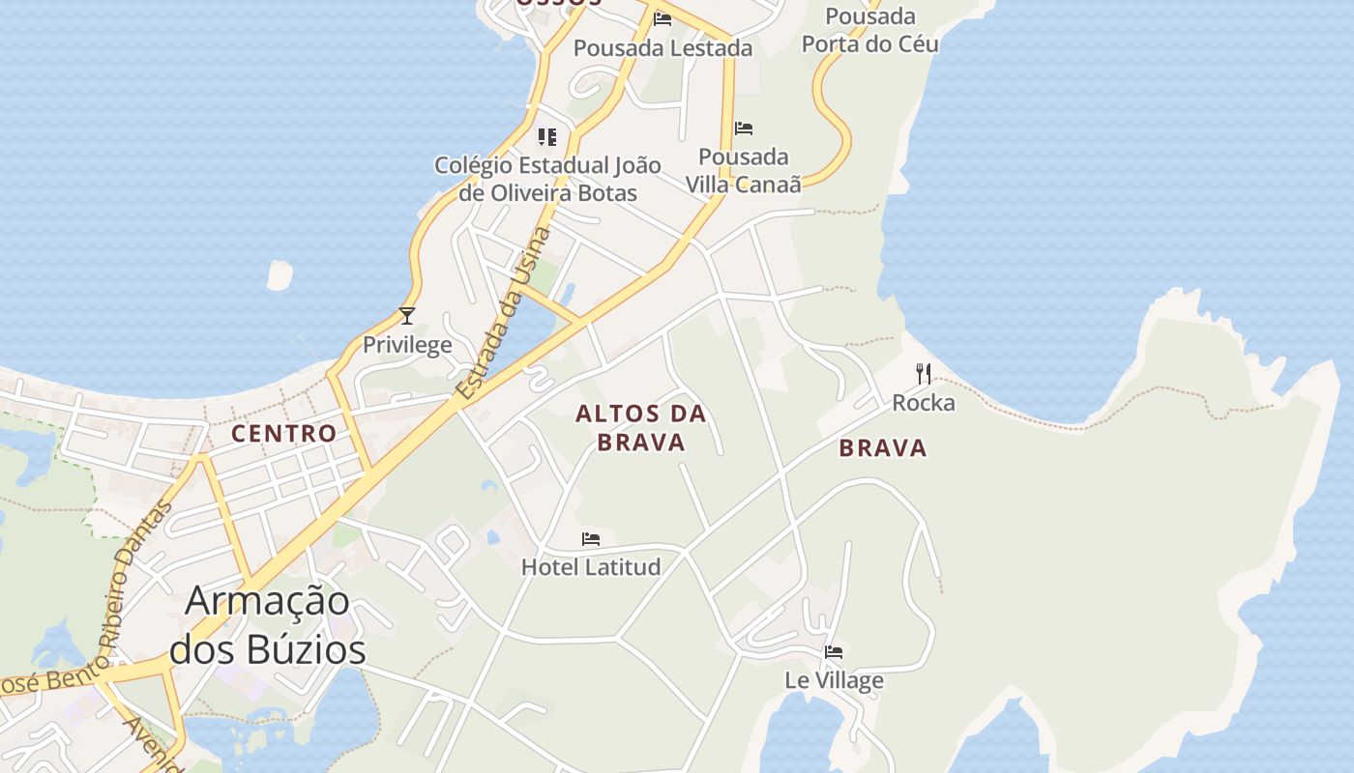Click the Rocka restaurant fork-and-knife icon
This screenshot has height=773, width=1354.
tap(924, 373)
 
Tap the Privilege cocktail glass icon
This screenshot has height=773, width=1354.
tap(407, 315)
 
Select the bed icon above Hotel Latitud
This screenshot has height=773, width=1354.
tap(591, 538)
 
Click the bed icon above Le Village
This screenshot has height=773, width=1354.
tap(834, 651)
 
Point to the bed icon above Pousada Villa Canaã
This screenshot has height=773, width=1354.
tap(744, 128)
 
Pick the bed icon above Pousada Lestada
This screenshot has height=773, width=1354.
tap(662, 18)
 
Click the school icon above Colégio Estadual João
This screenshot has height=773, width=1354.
tap(547, 137)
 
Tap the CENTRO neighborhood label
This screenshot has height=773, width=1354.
tap(283, 433)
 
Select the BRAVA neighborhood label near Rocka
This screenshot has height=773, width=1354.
tap(883, 447)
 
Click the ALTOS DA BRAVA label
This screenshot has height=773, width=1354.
tap(641, 428)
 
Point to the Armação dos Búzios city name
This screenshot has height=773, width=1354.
tap(268, 624)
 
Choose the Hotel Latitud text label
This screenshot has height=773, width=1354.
tap(591, 566)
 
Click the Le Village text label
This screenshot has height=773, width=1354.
tap(834, 680)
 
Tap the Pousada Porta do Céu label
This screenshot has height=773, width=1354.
tap(870, 30)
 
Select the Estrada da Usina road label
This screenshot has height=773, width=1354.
tap(505, 313)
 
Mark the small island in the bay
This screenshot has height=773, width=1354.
tap(280, 275)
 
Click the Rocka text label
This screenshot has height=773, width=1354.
tap(924, 402)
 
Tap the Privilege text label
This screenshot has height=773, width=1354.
tap(407, 344)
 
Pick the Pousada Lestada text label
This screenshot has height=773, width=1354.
tap(662, 47)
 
